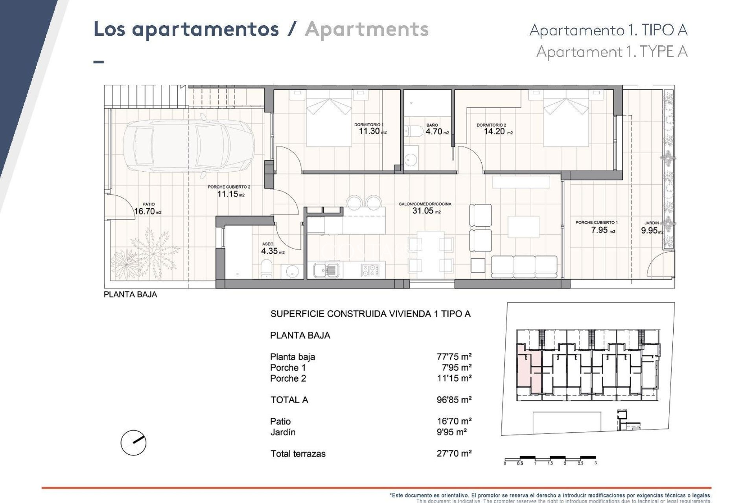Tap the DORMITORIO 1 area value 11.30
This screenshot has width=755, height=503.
(369, 131)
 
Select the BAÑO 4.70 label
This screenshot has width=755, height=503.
(434, 132)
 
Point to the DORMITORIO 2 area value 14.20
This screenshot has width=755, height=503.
(494, 132)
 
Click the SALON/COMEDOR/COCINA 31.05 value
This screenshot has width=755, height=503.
(423, 211)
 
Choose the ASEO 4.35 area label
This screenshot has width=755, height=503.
(270, 251)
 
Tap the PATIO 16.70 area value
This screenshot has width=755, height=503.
(145, 211)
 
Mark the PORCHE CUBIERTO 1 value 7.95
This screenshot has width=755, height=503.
(600, 230)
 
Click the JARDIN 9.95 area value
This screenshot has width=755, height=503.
(649, 231)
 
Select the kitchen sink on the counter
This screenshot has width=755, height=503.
(326, 270)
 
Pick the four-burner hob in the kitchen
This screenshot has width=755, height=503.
(370, 270)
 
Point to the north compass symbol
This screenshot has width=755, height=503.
(133, 443)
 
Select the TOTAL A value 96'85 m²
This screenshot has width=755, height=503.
(454, 400)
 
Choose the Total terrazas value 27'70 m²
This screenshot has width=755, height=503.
(454, 453)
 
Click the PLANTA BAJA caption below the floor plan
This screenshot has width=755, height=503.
(130, 295)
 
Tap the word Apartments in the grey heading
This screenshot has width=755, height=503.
(366, 29)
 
